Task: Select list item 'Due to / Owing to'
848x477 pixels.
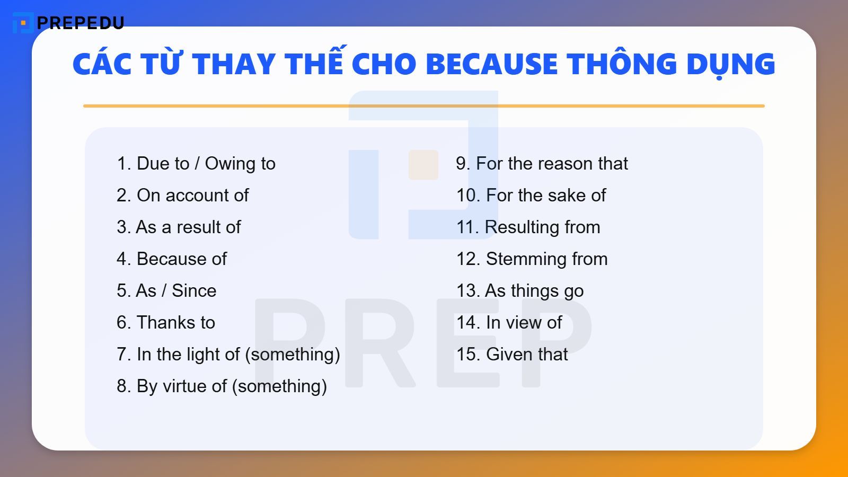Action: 196,164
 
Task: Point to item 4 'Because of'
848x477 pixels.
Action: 172,259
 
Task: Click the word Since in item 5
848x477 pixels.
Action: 194,291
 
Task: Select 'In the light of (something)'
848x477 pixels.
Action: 228,355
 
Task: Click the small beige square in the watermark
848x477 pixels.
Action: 423,165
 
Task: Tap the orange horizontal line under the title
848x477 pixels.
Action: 424,106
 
